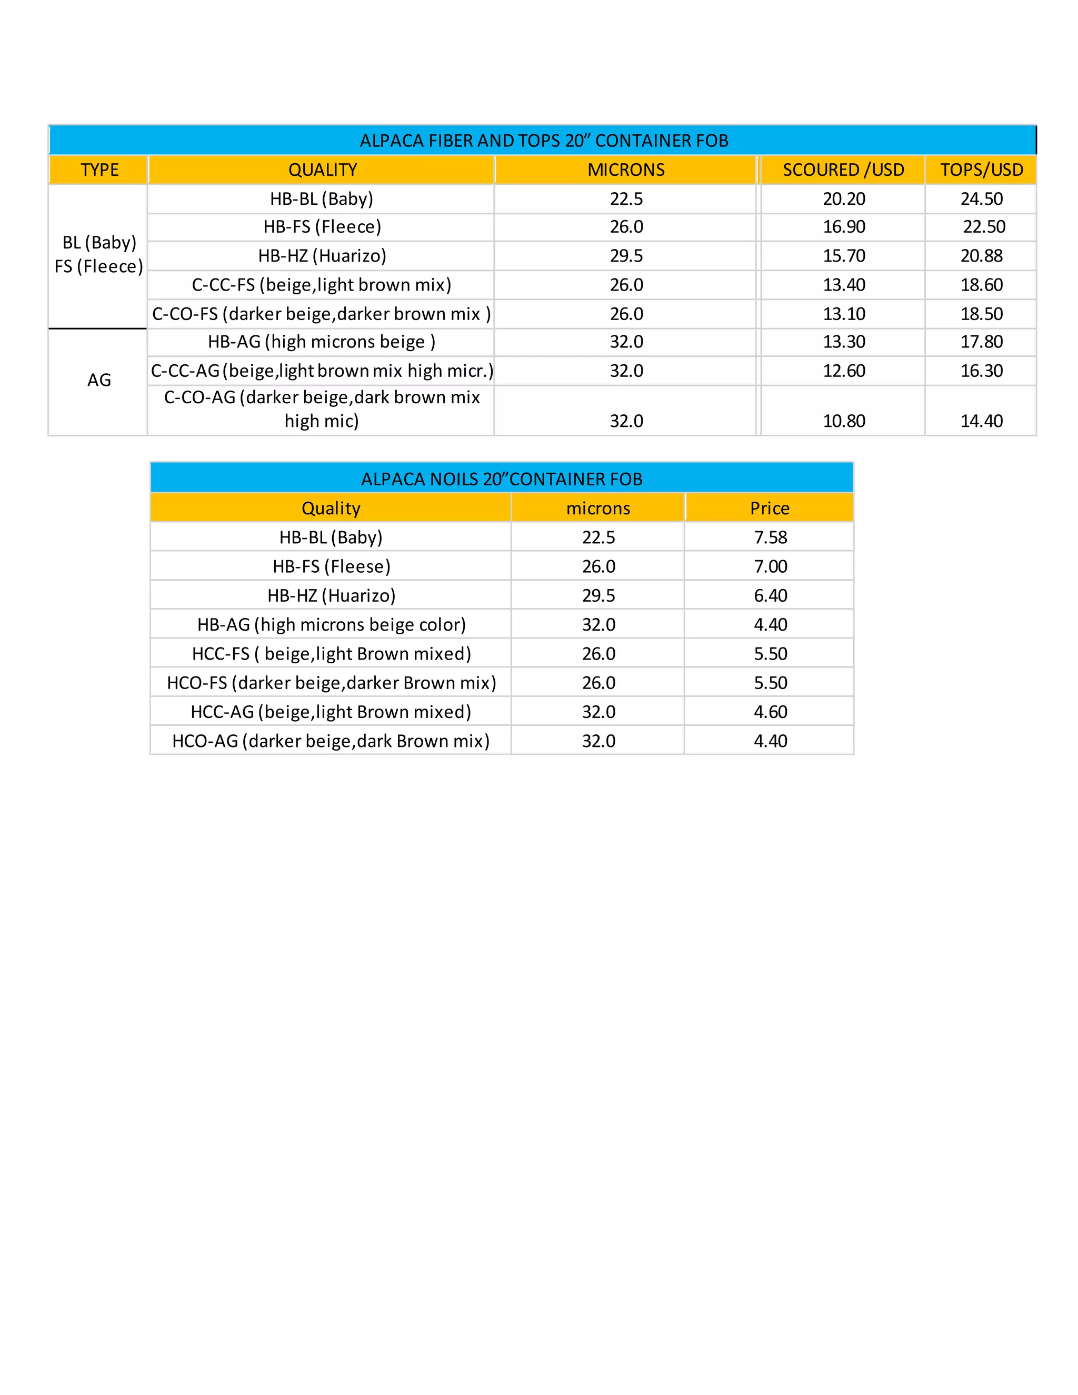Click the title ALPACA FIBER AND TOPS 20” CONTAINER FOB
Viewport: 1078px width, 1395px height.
tap(543, 141)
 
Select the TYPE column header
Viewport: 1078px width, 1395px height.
tap(99, 170)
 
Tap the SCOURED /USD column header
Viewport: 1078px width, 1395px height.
tap(843, 170)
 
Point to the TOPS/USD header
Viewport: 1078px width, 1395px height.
tap(982, 170)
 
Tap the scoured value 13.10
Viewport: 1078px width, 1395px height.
tap(844, 314)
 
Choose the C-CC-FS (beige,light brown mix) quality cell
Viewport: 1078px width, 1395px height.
tap(321, 285)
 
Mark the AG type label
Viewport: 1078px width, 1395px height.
tap(99, 380)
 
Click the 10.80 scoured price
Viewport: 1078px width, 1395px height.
tap(844, 421)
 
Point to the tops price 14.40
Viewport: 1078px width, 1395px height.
tap(982, 421)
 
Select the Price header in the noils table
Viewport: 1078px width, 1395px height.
tap(770, 509)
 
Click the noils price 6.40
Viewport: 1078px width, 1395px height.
tap(770, 596)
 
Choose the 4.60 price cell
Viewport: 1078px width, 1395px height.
tap(770, 712)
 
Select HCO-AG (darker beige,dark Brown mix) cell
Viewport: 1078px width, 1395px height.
tap(331, 741)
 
